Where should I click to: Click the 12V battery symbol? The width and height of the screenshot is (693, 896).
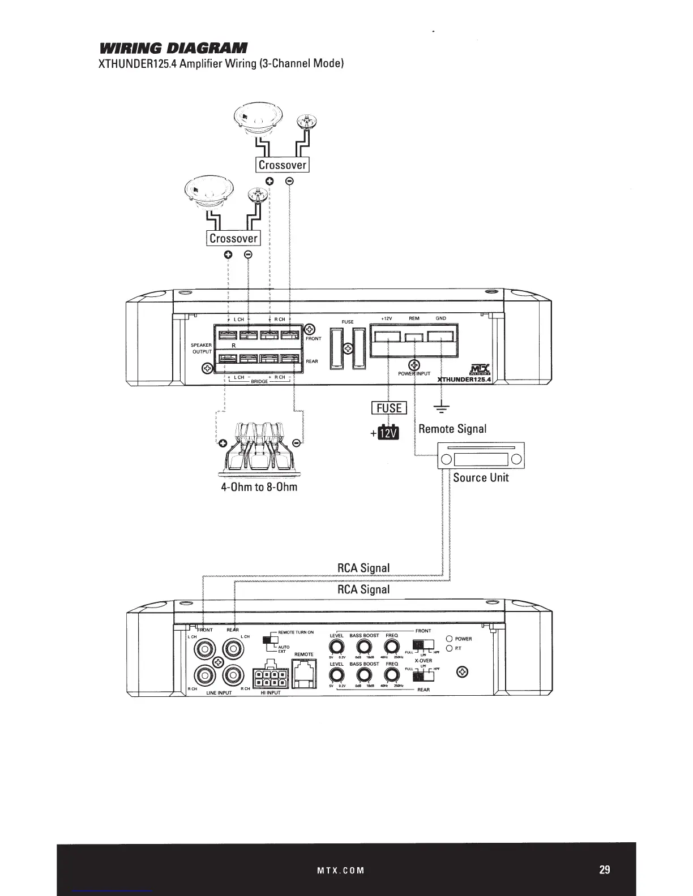click(388, 433)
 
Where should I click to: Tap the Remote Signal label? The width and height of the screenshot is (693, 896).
click(452, 428)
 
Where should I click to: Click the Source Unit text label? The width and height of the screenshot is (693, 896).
click(481, 477)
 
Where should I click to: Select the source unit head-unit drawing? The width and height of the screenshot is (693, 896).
click(480, 456)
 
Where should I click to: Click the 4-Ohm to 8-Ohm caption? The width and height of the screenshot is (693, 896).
click(259, 486)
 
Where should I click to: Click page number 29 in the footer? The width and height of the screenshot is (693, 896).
click(605, 869)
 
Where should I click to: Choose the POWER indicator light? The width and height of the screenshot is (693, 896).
click(450, 639)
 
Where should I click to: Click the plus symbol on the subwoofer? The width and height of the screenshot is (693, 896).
click(223, 442)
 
